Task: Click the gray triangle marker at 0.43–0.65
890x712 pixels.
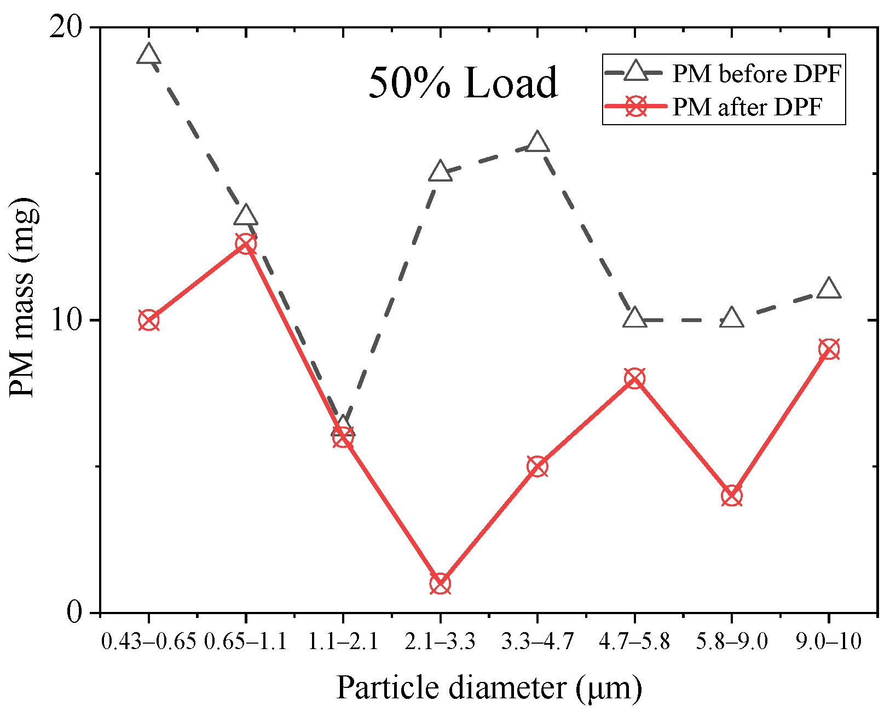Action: (x=148, y=55)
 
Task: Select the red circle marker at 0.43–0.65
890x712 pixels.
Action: (x=148, y=320)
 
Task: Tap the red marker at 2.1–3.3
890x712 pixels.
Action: (x=440, y=583)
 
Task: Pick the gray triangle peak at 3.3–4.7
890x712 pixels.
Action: (x=537, y=143)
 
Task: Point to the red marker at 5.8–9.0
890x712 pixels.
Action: (x=732, y=496)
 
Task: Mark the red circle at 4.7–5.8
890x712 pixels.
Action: (x=634, y=378)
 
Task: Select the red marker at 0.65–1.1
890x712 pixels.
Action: (x=246, y=243)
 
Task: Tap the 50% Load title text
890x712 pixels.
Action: (x=463, y=83)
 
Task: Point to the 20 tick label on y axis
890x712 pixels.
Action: (x=65, y=27)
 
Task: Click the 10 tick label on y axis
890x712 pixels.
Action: (x=65, y=320)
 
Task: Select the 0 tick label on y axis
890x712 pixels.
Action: (x=74, y=612)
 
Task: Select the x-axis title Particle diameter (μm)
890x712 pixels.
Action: (x=488, y=687)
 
